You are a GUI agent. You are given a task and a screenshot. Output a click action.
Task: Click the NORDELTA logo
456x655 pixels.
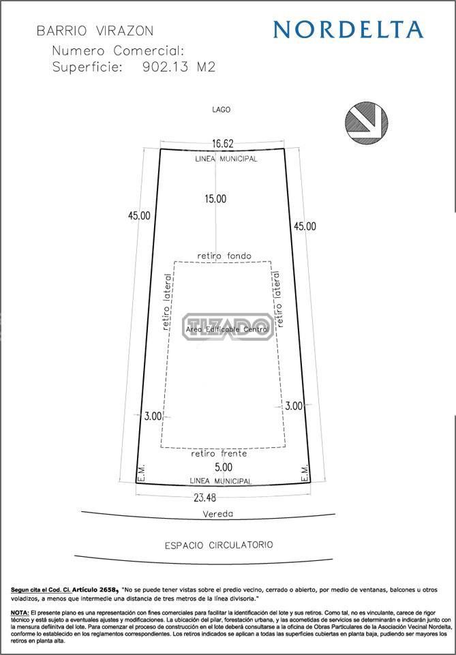348,30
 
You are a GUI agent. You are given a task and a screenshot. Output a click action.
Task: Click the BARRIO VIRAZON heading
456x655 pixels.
95,31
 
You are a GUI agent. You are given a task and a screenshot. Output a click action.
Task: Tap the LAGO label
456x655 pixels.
221,110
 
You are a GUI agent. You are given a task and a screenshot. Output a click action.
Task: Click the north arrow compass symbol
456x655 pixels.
366,123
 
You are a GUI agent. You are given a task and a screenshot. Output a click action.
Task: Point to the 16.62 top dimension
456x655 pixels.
223,144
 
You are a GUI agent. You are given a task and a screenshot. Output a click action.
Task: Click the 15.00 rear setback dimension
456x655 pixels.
215,199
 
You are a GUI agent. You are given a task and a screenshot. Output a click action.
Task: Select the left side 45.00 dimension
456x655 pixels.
140,215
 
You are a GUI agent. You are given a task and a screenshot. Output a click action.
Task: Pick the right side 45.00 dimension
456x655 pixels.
305,226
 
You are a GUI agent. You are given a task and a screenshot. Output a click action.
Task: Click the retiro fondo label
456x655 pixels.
224,255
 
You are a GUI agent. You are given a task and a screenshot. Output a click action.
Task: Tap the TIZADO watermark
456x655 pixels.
228,326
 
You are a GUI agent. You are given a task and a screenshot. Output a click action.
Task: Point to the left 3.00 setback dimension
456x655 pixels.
153,416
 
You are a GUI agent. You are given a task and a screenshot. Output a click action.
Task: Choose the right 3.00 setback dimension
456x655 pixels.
294,406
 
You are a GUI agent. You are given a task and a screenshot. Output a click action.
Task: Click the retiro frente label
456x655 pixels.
219,453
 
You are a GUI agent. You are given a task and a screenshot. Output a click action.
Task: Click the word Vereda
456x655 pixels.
218,514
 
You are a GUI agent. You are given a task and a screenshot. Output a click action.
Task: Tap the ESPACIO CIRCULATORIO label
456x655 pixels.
219,545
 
